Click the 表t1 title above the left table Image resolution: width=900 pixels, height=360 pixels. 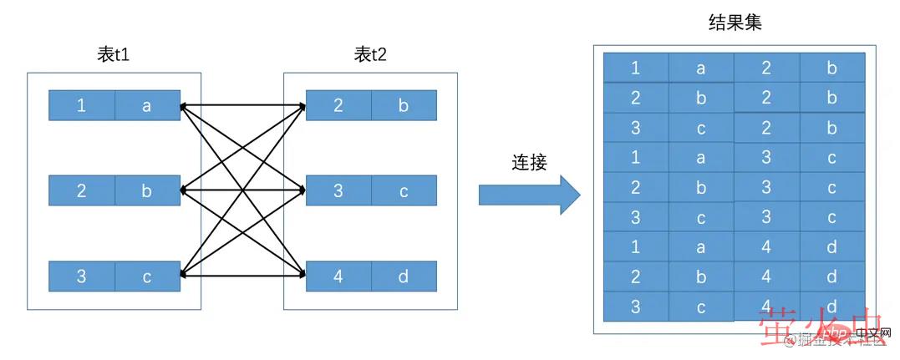[114, 56]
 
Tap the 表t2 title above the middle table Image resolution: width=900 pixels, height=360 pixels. [370, 56]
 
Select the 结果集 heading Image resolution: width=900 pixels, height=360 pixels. [735, 23]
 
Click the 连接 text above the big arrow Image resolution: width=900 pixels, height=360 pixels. [529, 162]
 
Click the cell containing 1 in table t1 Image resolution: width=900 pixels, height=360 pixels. [81, 106]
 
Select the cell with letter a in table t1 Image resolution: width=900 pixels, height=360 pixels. [147, 106]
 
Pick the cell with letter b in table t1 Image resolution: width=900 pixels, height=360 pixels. [147, 190]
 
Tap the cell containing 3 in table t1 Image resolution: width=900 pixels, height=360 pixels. [81, 276]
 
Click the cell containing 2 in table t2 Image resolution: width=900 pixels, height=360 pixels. [338, 106]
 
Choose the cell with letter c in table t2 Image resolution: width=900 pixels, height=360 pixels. [404, 190]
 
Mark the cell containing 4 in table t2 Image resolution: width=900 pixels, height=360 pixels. [338, 276]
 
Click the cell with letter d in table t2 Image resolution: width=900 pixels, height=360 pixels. [404, 276]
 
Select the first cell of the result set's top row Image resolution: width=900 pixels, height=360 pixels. [636, 68]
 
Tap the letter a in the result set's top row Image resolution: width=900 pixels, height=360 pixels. [701, 68]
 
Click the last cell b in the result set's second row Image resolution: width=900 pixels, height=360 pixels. [831, 98]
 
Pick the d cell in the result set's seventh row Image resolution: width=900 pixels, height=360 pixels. [831, 247]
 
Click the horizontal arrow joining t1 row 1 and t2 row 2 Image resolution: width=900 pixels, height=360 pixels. [243, 106]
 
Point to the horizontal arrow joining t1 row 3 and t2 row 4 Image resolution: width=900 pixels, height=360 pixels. [243, 274]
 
